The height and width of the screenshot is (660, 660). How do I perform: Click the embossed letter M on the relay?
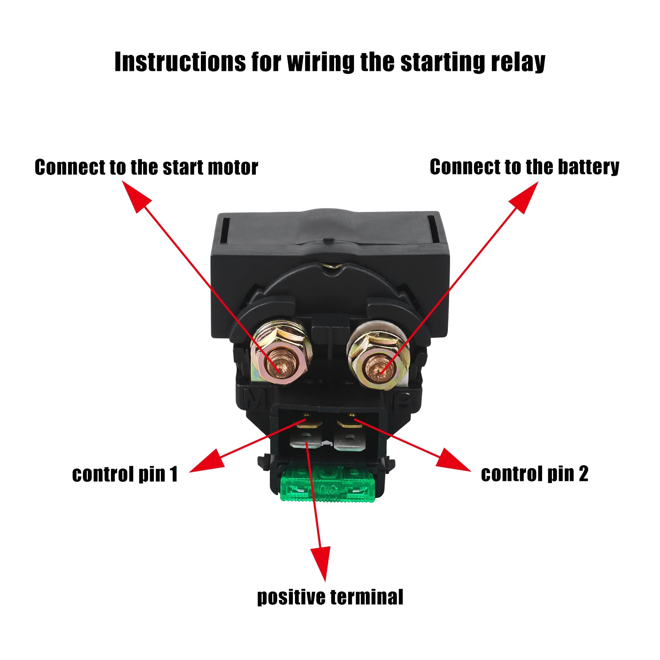pos(255,399)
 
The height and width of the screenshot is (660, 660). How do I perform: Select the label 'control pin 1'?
pos(125,474)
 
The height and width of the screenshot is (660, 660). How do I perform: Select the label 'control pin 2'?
pos(535,474)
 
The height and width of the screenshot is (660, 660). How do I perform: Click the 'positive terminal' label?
pos(330,597)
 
